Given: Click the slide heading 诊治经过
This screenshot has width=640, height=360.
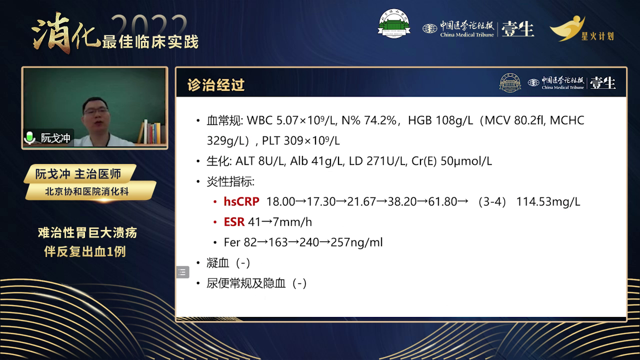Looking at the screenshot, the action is tap(216, 85).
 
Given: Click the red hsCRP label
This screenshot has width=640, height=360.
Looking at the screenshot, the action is tap(241, 201).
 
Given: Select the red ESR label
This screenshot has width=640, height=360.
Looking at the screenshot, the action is tap(234, 222).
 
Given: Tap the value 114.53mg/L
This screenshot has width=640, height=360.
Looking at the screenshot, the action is tap(548, 201).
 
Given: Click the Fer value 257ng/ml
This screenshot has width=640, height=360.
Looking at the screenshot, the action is tap(356, 242).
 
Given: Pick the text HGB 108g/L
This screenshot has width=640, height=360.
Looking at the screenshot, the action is tap(440, 120).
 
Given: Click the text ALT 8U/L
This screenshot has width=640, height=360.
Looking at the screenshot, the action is tap(260, 161).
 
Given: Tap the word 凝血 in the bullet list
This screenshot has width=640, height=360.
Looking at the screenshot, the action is tap(217, 263).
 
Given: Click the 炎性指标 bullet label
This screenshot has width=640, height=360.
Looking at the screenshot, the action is tap(230, 181).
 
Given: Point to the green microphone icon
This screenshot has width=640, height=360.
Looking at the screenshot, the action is tap(29, 137).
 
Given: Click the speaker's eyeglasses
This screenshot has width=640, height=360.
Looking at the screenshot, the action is tap(96, 110).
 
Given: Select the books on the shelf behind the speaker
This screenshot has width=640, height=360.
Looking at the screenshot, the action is tap(151, 131).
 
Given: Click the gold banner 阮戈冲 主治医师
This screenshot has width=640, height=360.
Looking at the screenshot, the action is tap(78, 173).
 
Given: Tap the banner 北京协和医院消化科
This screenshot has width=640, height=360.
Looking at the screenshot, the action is tap(87, 191).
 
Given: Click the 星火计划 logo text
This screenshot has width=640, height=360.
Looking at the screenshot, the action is tap(597, 36).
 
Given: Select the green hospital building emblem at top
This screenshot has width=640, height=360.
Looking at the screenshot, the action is tap(394, 23).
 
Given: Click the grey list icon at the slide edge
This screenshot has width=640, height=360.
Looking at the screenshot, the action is tap(183, 272).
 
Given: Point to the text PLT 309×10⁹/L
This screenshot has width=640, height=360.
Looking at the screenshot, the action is tap(301, 141).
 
